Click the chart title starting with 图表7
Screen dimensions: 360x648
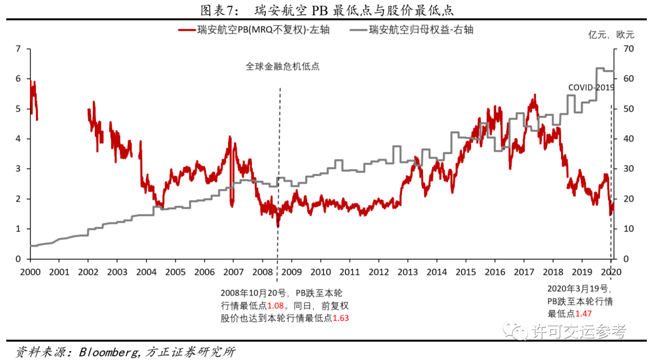point(323,10)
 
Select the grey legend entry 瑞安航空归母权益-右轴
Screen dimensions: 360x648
point(421,30)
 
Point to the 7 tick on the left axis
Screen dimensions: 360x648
point(18,49)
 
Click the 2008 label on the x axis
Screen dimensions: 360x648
point(263,271)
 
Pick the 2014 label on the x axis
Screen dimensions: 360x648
point(437,271)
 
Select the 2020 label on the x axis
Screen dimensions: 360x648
point(611,271)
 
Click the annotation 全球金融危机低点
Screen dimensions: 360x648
point(282,67)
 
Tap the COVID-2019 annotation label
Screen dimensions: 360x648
point(592,88)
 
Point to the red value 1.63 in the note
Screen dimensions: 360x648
point(340,317)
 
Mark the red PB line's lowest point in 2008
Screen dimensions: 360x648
point(278,226)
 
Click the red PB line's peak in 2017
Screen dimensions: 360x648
point(533,95)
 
